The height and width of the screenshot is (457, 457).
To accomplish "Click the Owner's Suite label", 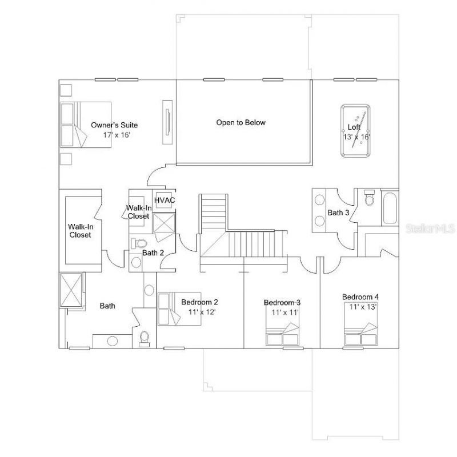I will tap(114, 125).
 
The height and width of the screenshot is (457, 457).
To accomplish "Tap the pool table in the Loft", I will tap(356, 130).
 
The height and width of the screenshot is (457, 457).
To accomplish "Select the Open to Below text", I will tap(240, 122).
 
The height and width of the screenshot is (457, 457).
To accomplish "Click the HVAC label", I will tap(165, 200).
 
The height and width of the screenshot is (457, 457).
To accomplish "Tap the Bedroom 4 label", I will tap(360, 297).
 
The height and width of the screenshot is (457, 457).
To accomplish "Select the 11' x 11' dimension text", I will tap(285, 312).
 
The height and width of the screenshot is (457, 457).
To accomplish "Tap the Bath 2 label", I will tap(153, 252).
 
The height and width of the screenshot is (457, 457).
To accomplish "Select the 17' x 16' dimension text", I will tap(117, 135).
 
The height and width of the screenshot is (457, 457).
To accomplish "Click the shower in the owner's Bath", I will tap(73, 290).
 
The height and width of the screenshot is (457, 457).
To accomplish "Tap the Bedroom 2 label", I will tap(199, 302).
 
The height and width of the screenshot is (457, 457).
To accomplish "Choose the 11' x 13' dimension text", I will tap(363, 307).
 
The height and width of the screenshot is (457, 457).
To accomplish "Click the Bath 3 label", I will tap(338, 213).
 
